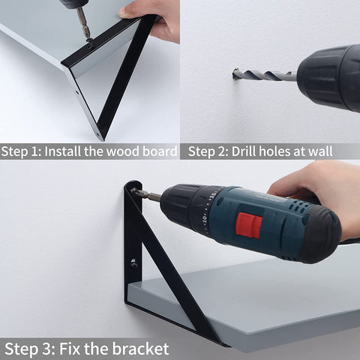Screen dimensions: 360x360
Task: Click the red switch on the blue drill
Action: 249,225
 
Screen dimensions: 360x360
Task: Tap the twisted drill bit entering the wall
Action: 265,75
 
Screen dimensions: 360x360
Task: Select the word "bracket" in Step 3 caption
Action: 140,349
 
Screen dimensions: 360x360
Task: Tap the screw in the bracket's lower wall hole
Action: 133,263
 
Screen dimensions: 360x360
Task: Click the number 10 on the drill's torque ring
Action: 204,220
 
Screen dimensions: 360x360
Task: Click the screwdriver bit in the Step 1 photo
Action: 83,24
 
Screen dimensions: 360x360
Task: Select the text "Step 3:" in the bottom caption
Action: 30,349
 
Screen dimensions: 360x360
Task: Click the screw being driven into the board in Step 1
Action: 90,41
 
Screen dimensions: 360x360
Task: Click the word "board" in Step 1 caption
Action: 160,151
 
